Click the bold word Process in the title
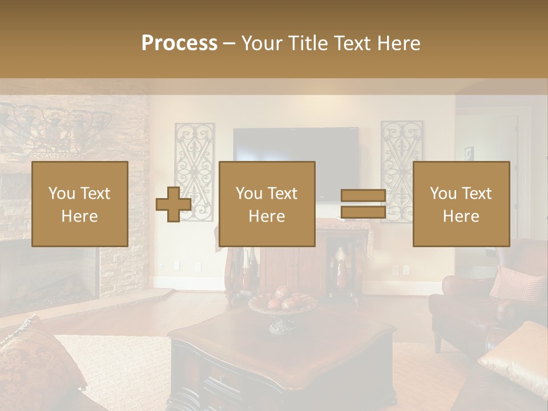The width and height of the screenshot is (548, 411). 179,43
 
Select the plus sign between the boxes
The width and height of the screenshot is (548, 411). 174,204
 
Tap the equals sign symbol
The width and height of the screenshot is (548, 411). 363,204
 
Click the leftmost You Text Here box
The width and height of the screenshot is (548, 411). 80,204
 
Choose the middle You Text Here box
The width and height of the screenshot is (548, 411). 267,204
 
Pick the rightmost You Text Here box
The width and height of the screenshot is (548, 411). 461,204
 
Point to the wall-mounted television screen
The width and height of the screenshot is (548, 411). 296,145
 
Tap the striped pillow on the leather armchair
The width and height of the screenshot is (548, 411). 517,283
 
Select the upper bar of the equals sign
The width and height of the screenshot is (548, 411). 363,196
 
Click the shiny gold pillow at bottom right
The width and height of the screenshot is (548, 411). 514,357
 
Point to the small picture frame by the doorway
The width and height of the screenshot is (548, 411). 469,153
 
